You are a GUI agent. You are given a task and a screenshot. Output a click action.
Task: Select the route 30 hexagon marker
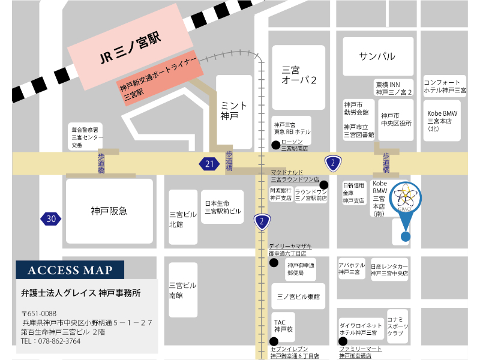(51, 219)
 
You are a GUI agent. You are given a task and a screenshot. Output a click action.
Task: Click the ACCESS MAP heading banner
(70, 270)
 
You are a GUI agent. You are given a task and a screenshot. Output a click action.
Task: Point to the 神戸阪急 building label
(109, 211)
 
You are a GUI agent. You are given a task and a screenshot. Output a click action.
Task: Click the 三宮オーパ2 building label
(299, 74)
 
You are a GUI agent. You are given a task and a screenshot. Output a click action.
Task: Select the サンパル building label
(377, 56)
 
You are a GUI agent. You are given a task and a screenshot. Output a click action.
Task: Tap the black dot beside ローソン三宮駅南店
(275, 144)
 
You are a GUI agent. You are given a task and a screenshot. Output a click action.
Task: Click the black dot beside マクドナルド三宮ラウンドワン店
(323, 184)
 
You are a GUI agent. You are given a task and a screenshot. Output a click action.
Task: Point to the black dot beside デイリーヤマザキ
(274, 262)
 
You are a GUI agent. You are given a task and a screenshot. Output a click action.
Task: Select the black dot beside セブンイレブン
(274, 341)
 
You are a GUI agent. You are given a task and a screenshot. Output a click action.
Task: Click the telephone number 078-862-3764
(50, 341)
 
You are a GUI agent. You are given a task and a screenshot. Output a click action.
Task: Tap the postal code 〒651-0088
(39, 313)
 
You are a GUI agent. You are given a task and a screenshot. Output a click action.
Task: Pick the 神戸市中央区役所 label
(396, 119)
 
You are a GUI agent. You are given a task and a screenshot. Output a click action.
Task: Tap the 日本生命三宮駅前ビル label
(223, 207)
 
